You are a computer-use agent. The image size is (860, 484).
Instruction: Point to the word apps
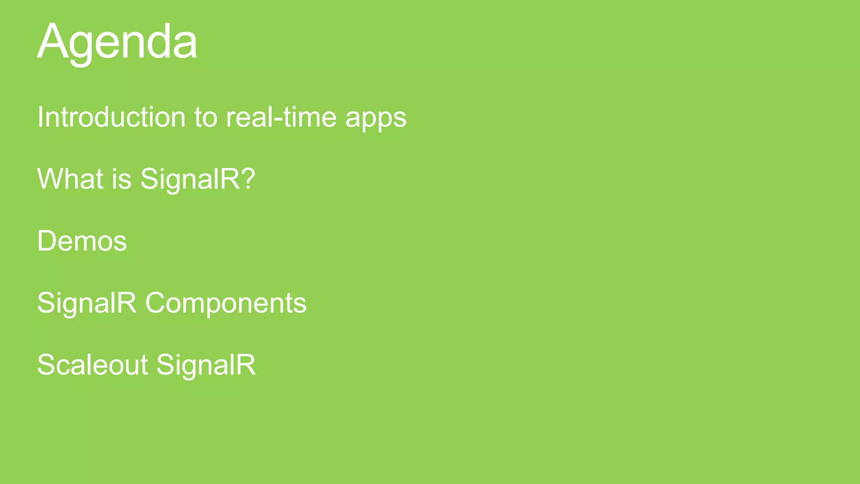(376, 118)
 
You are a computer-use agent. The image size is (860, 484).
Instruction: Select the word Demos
(82, 241)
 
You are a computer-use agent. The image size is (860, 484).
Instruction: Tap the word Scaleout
(92, 365)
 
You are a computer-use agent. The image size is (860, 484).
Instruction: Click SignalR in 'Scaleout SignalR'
(206, 365)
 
